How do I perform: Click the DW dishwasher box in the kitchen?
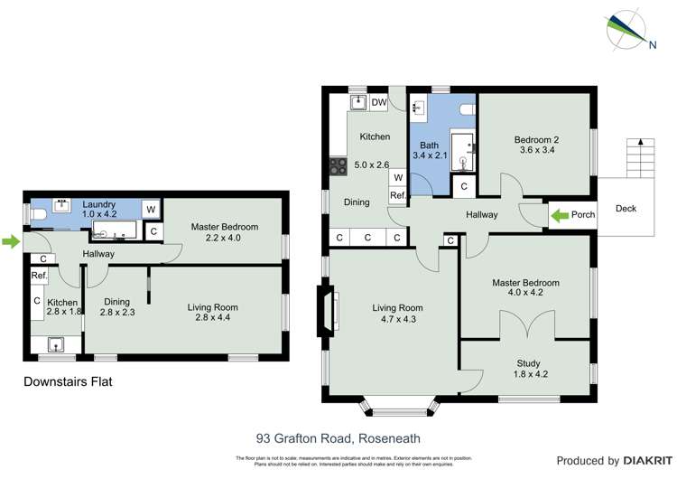pos(379,103)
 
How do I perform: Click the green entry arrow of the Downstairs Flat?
pos(10,241)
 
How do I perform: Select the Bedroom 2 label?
pos(537,146)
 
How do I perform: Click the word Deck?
pos(626,209)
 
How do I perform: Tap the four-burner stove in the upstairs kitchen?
pos(338,166)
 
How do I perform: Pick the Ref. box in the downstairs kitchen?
pos(39,276)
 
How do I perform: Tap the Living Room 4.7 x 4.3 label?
pos(397,314)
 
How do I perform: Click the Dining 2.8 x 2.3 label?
pos(116,307)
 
